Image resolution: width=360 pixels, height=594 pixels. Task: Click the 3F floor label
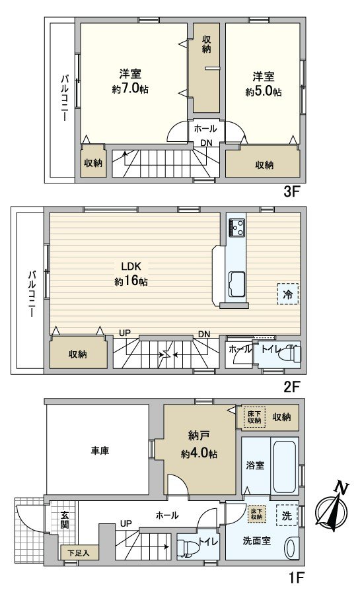pyautogui.click(x=291, y=193)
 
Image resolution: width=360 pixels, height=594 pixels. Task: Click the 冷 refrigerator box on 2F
pyautogui.click(x=287, y=294)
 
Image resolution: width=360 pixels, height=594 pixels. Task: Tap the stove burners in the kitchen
pyautogui.click(x=236, y=227)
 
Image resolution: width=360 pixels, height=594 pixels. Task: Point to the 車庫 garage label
pyautogui.click(x=100, y=451)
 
